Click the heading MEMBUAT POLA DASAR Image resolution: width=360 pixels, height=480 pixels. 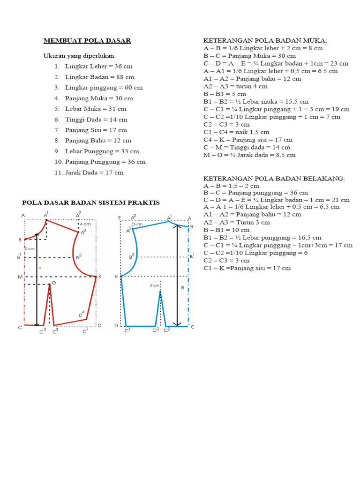click(87, 41)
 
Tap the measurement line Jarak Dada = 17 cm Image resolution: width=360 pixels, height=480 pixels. click(94, 172)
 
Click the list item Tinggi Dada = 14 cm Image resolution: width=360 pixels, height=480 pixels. click(96, 120)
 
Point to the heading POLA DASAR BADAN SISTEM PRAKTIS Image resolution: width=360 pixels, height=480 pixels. click(91, 202)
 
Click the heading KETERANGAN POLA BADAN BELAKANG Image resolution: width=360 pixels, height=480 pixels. click(274, 179)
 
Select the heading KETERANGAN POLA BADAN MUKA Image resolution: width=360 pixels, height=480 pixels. click(265, 41)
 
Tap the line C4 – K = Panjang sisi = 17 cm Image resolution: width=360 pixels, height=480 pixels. click(248, 140)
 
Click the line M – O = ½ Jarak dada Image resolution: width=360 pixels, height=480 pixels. click(249, 155)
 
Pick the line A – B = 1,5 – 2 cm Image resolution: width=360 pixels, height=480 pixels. click(231, 186)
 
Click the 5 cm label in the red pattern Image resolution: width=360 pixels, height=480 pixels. click(29, 248)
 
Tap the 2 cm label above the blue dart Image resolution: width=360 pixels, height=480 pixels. click(154, 285)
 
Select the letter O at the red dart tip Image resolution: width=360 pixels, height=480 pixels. click(54, 283)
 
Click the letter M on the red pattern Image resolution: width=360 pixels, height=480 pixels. click(20, 277)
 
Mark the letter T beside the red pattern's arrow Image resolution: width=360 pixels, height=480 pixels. click(40, 269)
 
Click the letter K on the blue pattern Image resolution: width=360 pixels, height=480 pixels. click(116, 277)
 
